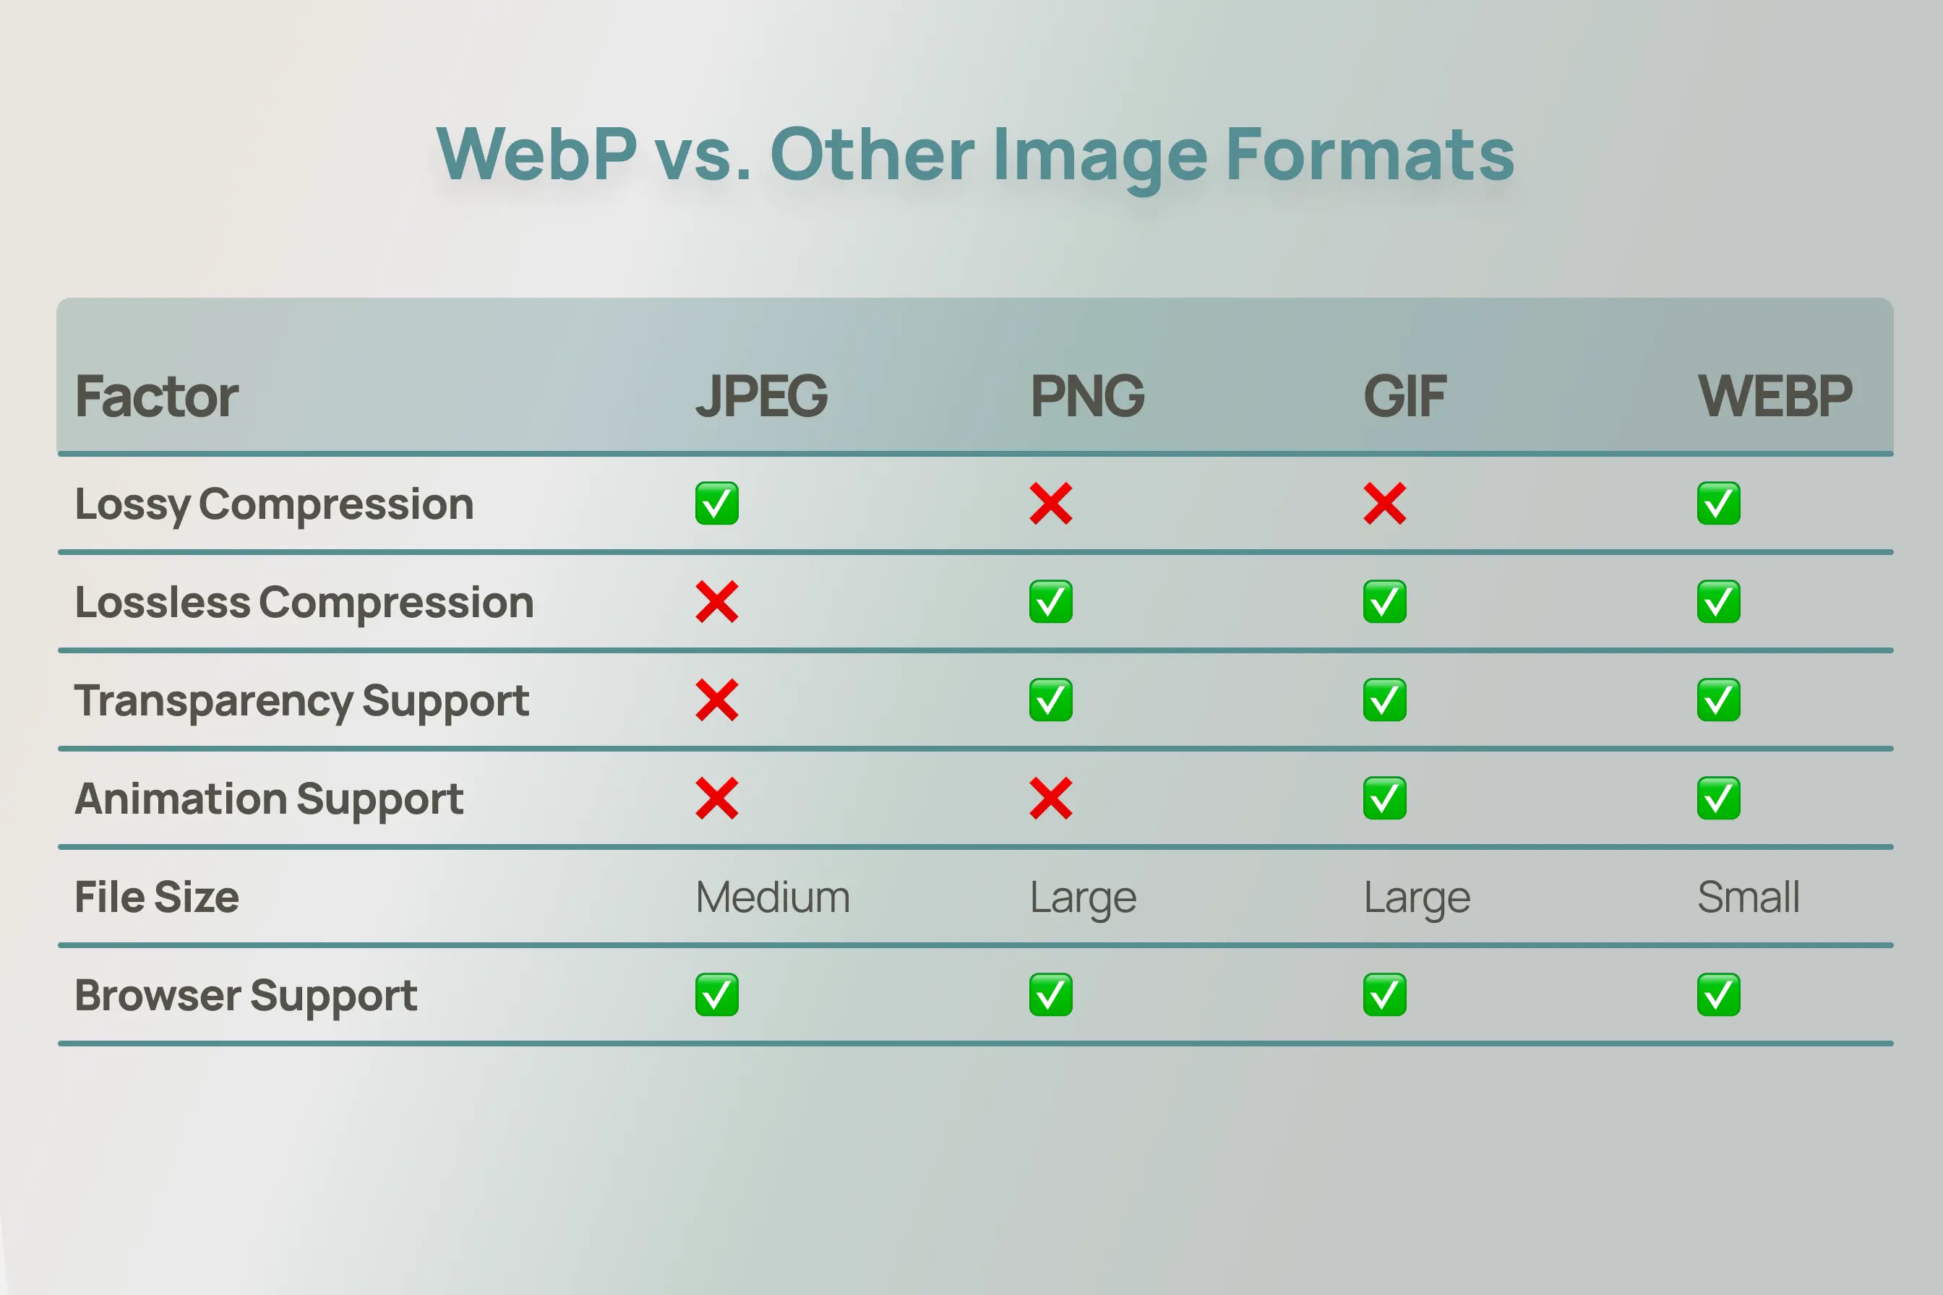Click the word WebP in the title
[x=536, y=155]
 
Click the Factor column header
[x=156, y=397]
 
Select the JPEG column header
[x=761, y=397]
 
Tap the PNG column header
[x=1087, y=397]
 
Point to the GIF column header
[x=1404, y=397]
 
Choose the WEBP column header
[x=1775, y=397]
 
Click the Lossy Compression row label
[x=274, y=504]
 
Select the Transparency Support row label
[x=301, y=700]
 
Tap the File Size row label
[x=157, y=897]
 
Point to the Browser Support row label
[x=245, y=995]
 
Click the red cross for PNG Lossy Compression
[x=1051, y=504]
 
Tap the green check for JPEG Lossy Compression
[x=716, y=504]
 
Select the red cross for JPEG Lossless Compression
[x=716, y=602]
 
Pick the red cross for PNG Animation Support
[x=1051, y=799]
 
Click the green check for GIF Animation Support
[x=1384, y=799]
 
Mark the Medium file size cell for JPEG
[x=773, y=897]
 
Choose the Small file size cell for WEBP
[x=1748, y=897]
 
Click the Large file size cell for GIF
[x=1417, y=897]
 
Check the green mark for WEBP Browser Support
[x=1718, y=995]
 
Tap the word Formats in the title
[x=1370, y=155]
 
